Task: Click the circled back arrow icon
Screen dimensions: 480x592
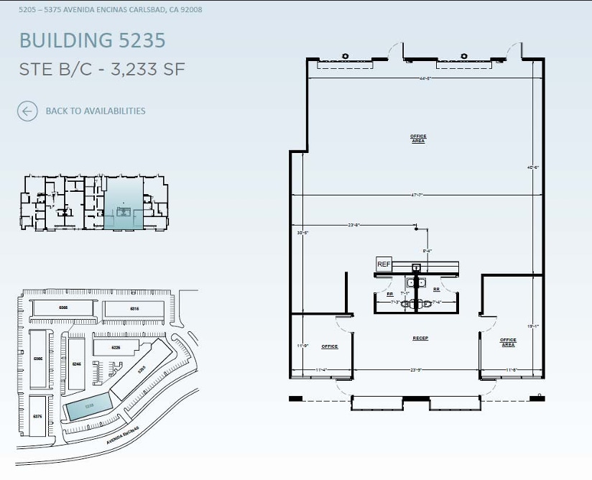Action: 27,111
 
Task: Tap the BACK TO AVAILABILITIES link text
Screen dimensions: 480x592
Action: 95,111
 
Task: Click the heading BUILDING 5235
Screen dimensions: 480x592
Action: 92,40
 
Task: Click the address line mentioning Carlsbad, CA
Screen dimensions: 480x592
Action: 110,9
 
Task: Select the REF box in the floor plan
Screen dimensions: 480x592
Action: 384,264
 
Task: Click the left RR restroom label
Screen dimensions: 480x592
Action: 389,294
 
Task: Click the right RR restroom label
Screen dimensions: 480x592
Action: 436,290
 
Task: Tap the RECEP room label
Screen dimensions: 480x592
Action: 420,338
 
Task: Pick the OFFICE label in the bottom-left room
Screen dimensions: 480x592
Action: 329,346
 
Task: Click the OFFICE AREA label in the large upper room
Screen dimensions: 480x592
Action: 418,138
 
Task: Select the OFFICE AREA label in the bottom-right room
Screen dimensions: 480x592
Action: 508,342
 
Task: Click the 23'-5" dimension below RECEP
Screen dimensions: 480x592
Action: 415,370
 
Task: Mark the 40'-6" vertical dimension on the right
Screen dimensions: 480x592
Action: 532,167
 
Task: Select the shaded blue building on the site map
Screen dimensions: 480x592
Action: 88,407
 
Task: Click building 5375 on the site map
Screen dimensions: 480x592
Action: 37,415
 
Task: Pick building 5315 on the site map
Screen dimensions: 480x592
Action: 134,308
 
